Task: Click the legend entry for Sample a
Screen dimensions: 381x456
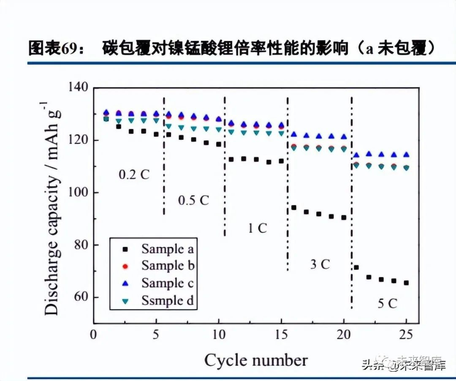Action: click(x=167, y=249)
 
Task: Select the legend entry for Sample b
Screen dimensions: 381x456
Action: click(x=167, y=266)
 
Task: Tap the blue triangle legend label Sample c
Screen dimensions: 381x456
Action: click(x=167, y=283)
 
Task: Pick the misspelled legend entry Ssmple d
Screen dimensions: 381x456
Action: click(x=167, y=300)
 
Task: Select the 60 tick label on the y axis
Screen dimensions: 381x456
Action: click(x=80, y=297)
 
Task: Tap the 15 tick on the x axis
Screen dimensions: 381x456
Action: click(x=281, y=335)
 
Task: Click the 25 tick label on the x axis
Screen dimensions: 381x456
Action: click(x=406, y=335)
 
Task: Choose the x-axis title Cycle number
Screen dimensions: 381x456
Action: click(x=256, y=360)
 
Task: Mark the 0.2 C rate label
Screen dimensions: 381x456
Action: click(x=134, y=174)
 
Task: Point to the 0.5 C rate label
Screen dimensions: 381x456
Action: click(x=193, y=200)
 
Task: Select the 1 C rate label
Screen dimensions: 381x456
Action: click(x=257, y=228)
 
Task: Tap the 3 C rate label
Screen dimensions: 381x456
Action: click(x=320, y=265)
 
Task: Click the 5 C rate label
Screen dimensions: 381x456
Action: click(x=387, y=303)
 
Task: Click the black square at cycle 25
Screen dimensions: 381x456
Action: click(x=406, y=283)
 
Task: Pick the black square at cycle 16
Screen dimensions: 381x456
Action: click(x=294, y=207)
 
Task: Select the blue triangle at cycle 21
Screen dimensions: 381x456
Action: click(x=356, y=155)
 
